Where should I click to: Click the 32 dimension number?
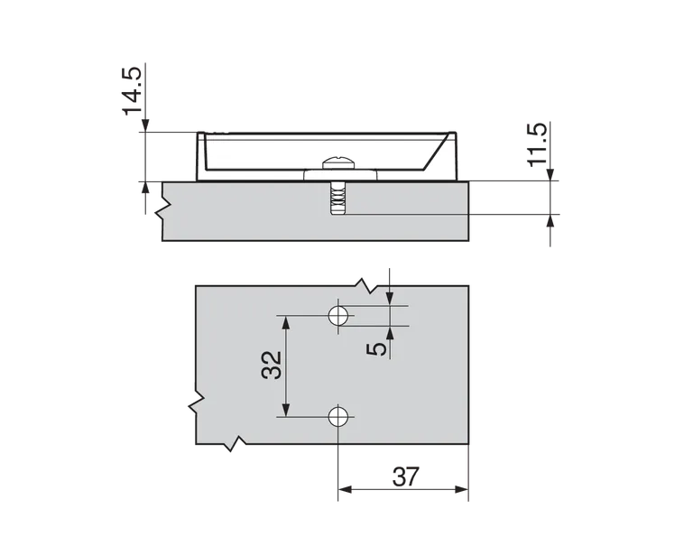273,365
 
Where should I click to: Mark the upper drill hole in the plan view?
338,315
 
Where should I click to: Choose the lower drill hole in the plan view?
338,416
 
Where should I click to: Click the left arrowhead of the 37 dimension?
344,492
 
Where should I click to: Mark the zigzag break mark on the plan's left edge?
193,403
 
